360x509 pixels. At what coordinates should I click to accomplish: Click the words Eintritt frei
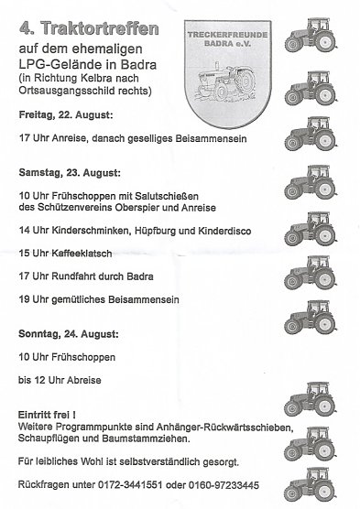[x=46, y=416]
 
